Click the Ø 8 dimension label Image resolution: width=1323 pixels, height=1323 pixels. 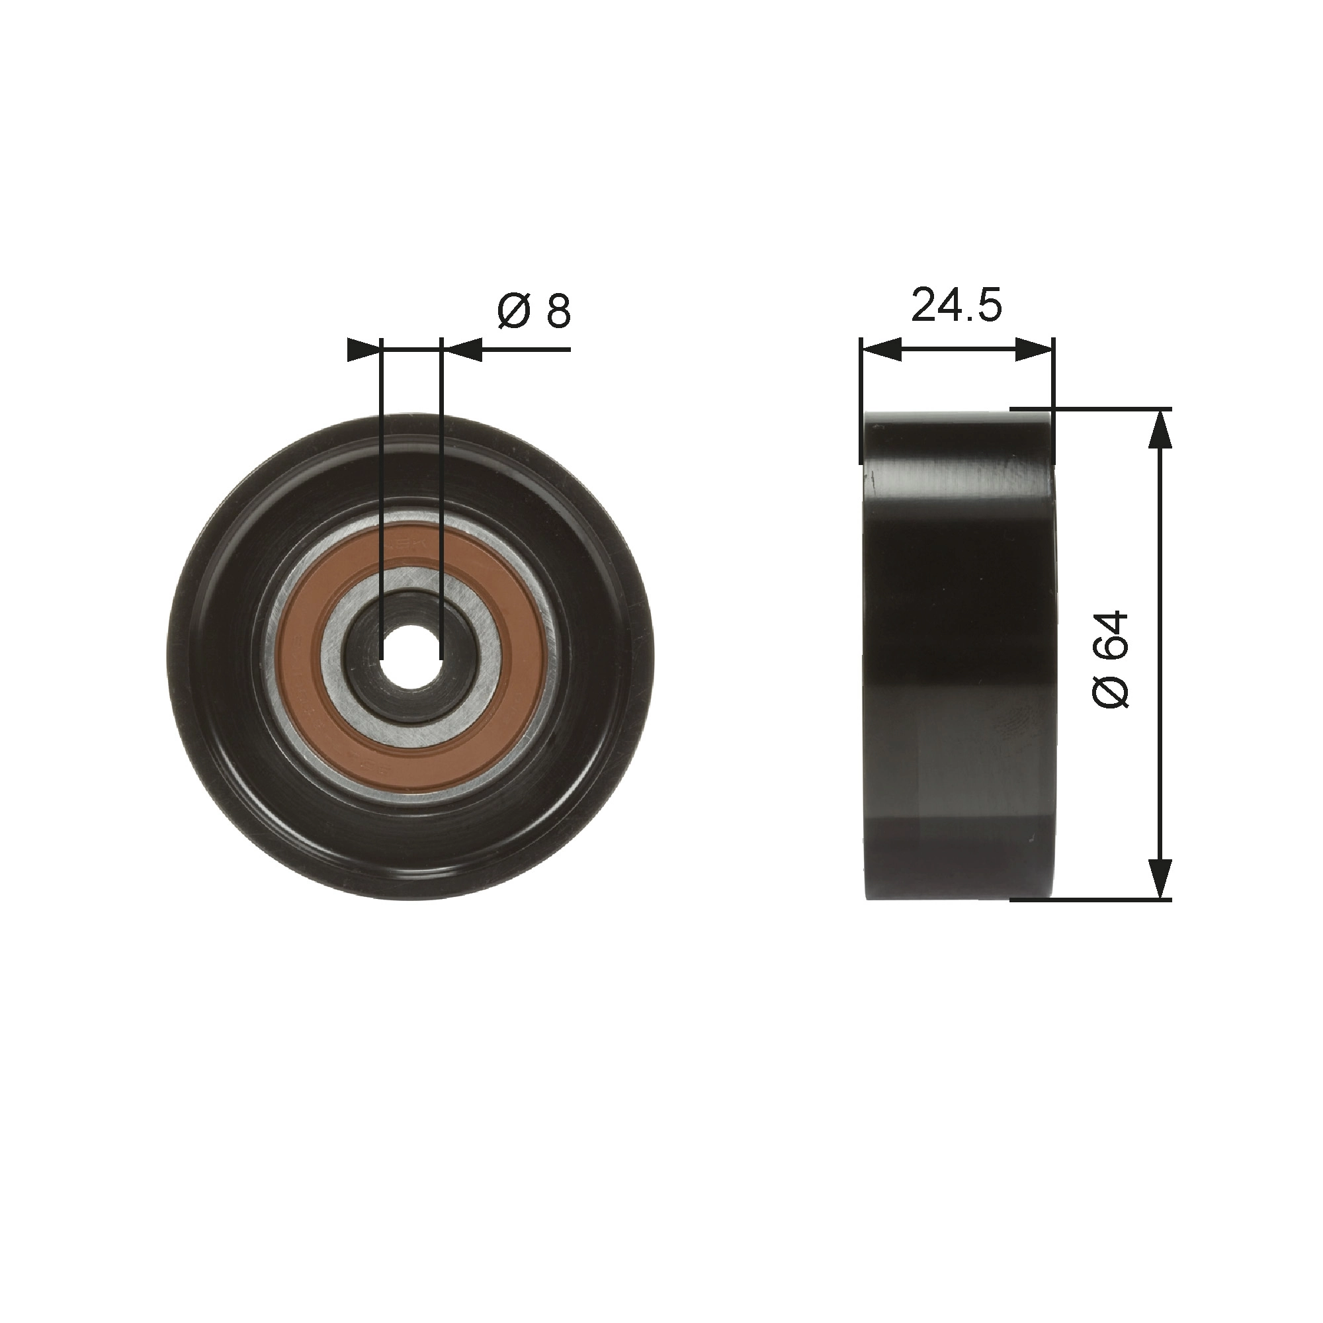pos(533,312)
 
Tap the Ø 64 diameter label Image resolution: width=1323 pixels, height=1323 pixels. pos(1109,660)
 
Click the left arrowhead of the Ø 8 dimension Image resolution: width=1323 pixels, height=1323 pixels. pos(364,350)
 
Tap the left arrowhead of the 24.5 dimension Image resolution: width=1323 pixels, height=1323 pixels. pos(880,350)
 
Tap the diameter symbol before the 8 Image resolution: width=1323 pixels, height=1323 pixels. pos(513,312)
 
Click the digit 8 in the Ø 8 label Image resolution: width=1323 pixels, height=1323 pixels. pos(558,312)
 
